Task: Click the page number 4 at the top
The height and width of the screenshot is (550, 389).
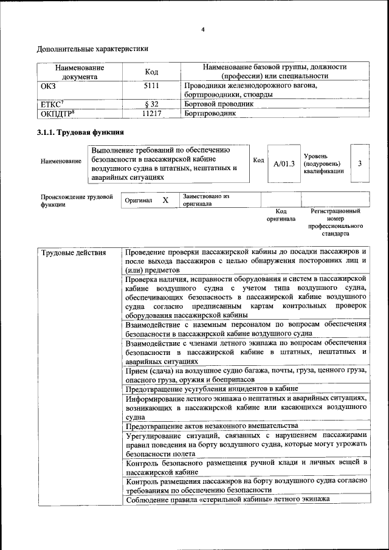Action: coord(202,29)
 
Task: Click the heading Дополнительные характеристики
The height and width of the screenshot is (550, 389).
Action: coord(92,48)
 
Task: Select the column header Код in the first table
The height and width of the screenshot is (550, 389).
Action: coord(151,72)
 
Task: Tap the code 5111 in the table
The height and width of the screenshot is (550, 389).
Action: coord(151,86)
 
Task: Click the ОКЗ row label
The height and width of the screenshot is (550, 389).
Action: coord(48,86)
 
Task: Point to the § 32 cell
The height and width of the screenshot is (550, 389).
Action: coord(151,104)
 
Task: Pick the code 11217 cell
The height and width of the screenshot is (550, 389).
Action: coord(151,113)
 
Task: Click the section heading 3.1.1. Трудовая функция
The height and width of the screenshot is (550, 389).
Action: coord(80,132)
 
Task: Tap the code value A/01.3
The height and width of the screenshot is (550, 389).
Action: coord(284,163)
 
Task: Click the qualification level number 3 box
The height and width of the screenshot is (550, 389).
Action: coord(360,163)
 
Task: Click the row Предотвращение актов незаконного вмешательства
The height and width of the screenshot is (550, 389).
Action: coord(212,425)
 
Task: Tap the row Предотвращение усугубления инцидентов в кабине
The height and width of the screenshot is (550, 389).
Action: coord(212,388)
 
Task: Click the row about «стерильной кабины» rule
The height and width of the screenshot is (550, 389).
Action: coord(227,500)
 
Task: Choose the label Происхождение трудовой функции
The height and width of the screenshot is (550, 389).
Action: coord(77,201)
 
